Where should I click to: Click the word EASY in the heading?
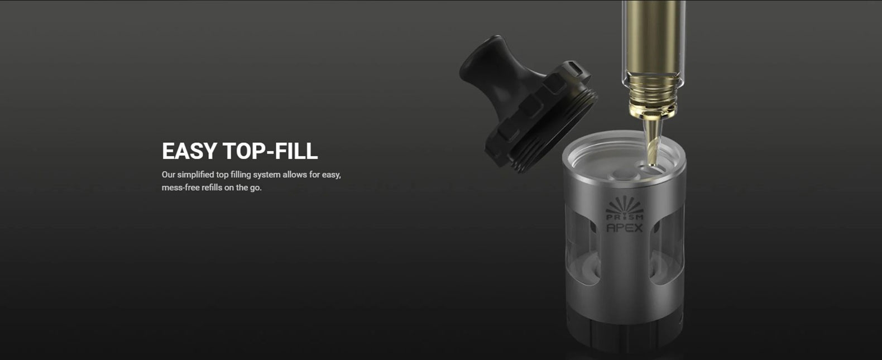coord(189,151)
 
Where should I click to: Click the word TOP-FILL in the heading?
coord(270,151)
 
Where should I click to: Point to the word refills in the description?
coord(212,188)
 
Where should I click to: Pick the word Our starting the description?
coord(168,175)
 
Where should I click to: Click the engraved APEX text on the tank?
coord(624,228)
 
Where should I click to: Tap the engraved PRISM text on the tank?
coord(624,217)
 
